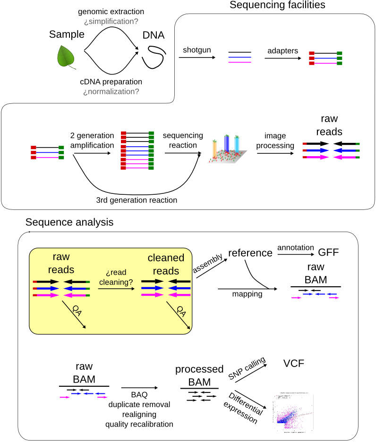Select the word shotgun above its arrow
coord(197,50)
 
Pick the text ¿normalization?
coord(111,92)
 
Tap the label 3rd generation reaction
coord(137,200)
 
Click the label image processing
coord(275,141)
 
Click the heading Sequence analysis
coord(69,222)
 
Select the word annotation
coord(296,247)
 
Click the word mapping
coord(247,294)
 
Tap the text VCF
coord(294,363)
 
